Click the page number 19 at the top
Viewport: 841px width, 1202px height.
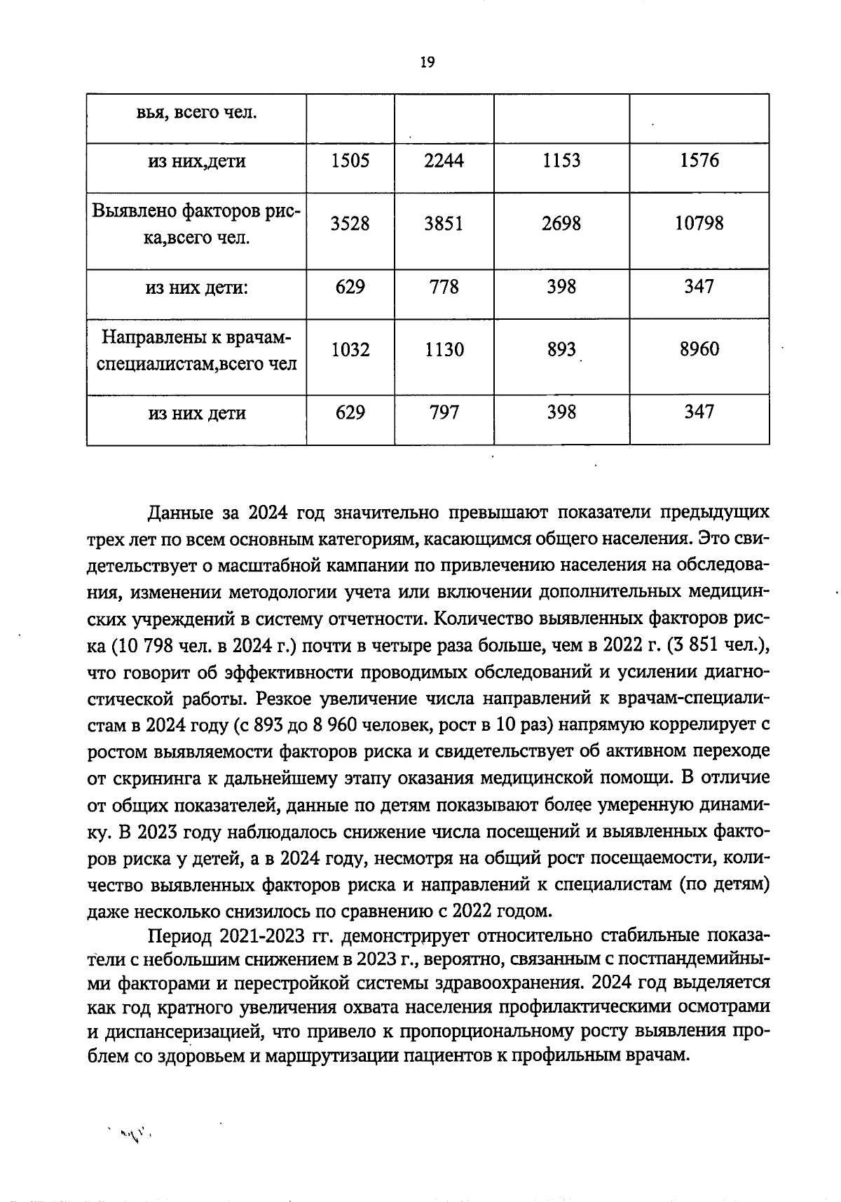click(x=427, y=62)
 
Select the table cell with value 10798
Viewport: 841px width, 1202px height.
click(x=699, y=224)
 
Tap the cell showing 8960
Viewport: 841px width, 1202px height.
click(x=699, y=349)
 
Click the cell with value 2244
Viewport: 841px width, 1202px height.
click(x=444, y=161)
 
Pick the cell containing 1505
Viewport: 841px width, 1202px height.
click(x=350, y=161)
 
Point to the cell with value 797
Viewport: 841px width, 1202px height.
click(x=444, y=412)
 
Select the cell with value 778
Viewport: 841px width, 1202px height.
click(x=444, y=287)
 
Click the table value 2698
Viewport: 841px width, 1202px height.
click(x=561, y=224)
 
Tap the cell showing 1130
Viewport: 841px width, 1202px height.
click(x=444, y=349)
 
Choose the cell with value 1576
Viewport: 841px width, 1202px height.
click(x=699, y=161)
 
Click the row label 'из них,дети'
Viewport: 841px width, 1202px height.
click(x=196, y=162)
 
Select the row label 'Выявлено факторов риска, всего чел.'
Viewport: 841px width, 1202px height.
click(x=196, y=224)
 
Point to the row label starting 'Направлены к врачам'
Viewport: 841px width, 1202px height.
click(x=196, y=350)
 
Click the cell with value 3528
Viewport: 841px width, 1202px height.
click(x=350, y=224)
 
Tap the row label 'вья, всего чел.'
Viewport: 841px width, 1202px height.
click(x=196, y=112)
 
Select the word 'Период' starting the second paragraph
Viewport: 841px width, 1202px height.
click(x=177, y=938)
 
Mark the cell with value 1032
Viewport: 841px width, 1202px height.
click(x=350, y=349)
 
